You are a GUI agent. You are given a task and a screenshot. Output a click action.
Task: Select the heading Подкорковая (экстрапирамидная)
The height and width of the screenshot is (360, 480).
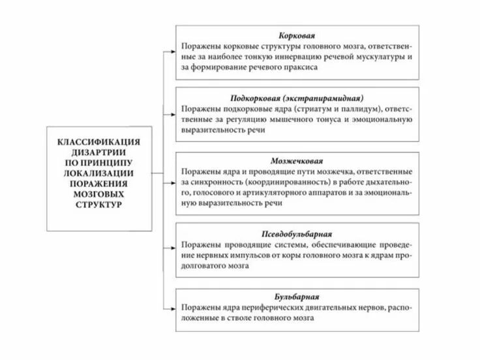(297, 96)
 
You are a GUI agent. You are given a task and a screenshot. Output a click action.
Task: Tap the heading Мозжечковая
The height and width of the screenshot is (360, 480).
(297, 160)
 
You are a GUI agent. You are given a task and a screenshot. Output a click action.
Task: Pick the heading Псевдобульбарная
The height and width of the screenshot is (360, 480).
(297, 232)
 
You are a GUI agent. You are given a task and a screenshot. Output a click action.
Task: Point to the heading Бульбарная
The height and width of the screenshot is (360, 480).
(297, 295)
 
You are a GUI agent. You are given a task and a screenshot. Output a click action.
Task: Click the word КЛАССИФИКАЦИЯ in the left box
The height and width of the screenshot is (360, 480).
(99, 142)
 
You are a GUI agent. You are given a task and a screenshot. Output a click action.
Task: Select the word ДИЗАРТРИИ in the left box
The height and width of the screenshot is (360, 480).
(99, 151)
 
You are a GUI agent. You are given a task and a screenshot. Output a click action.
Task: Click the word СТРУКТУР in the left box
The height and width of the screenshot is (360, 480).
(99, 204)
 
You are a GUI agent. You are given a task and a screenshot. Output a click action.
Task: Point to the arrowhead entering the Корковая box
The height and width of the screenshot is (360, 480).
(172, 47)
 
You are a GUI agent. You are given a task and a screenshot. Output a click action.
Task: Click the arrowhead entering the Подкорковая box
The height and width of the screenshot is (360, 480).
(172, 109)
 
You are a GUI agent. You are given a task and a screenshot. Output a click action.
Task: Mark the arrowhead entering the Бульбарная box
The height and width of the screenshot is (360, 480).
(172, 306)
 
